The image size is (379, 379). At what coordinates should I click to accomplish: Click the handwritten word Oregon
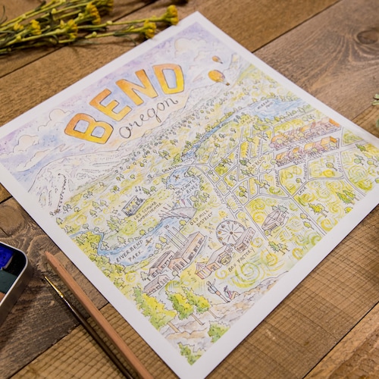coord(152,114)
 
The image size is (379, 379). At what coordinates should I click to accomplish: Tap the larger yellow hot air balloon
coord(218,76)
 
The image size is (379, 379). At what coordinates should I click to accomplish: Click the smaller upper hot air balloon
coord(215,59)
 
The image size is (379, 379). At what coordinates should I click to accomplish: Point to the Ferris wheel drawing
coord(230,233)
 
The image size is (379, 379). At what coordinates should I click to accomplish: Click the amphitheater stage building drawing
coord(135,205)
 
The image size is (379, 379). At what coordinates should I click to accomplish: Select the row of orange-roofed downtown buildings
coord(303,139)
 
